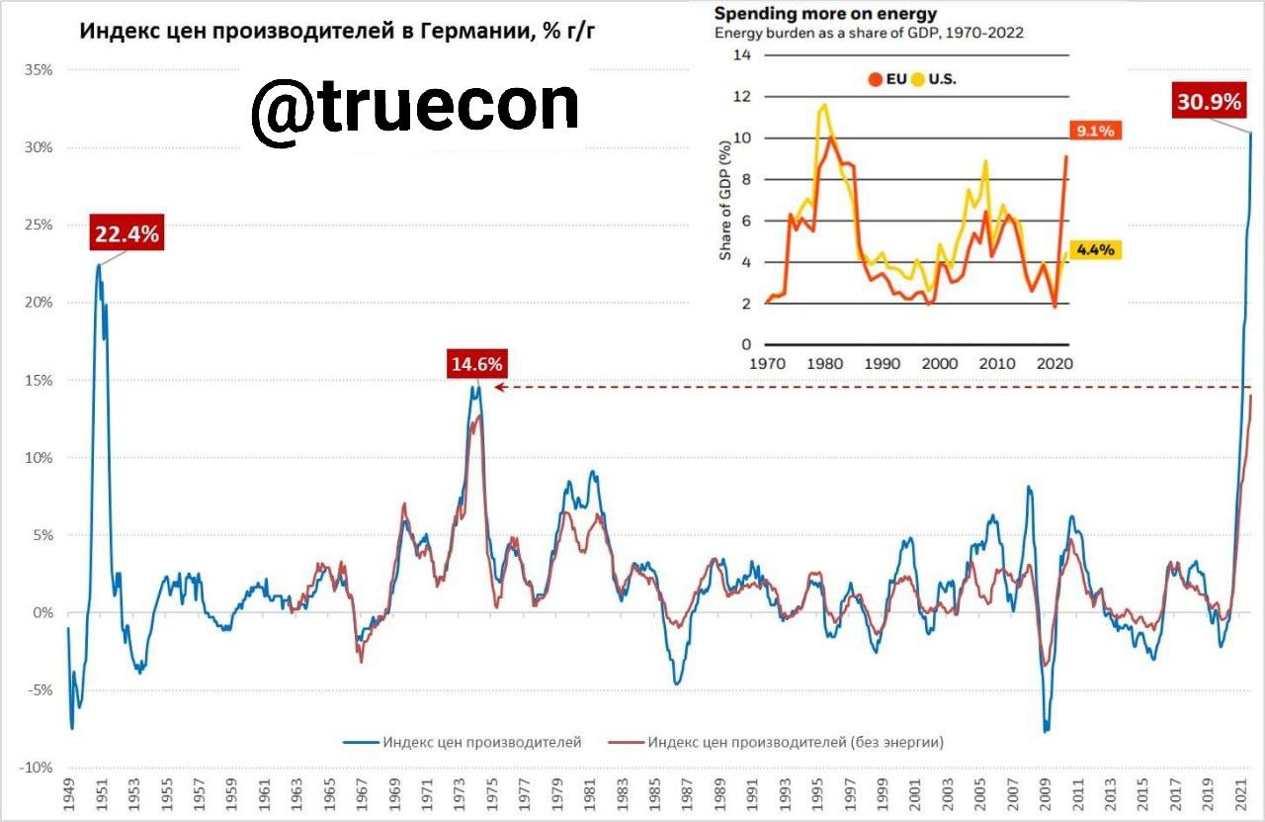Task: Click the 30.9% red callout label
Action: (x=1207, y=101)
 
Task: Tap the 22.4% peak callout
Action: (x=126, y=233)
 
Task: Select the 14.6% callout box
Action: (x=477, y=364)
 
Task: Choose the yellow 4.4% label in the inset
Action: (x=1095, y=250)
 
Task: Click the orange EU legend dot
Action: (x=876, y=79)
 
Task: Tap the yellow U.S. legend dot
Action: (x=918, y=79)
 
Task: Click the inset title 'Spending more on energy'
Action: (x=825, y=14)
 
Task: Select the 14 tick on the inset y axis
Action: (x=742, y=55)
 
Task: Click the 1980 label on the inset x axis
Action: (x=824, y=363)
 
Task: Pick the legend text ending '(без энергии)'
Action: (x=797, y=742)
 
